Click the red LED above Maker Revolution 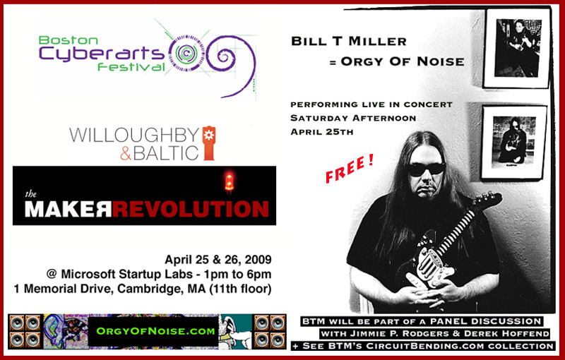pos(228,184)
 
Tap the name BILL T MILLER pos(336,42)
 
